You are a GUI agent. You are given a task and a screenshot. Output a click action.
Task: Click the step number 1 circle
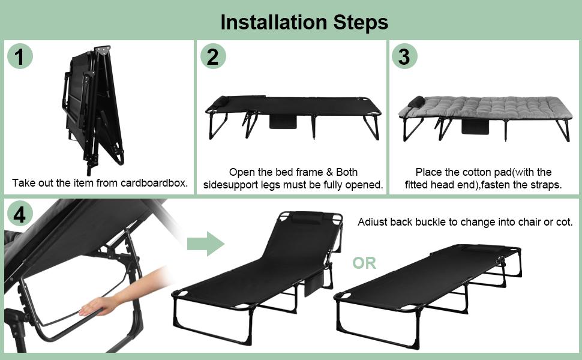point(20,57)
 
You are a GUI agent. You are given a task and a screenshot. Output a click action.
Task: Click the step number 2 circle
point(212,57)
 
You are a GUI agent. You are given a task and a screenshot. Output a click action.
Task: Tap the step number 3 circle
point(404,57)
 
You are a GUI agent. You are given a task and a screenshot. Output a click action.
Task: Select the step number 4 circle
point(20,214)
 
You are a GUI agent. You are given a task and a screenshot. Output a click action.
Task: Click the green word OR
point(364,263)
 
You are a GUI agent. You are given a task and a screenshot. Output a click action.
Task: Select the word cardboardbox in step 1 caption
point(157,183)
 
